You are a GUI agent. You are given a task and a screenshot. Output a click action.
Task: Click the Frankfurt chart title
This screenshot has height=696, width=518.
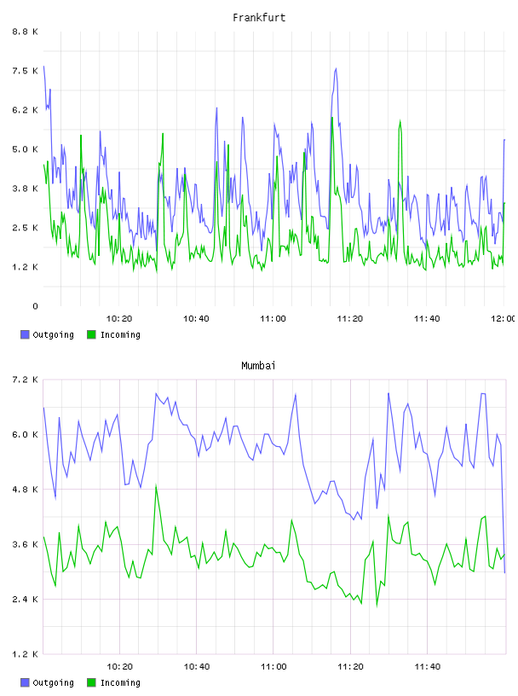pyautogui.click(x=259, y=18)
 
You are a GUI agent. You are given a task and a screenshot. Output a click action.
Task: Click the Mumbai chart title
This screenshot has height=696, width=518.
pyautogui.click(x=258, y=366)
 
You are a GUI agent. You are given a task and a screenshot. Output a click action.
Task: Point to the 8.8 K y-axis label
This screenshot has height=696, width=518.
pyautogui.click(x=26, y=32)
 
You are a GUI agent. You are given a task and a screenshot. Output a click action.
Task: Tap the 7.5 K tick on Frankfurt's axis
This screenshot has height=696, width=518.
pyautogui.click(x=26, y=71)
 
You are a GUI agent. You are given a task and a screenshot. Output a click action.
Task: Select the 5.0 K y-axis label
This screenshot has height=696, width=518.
pyautogui.click(x=26, y=149)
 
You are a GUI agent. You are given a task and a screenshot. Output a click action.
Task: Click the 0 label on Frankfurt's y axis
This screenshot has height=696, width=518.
pyautogui.click(x=35, y=306)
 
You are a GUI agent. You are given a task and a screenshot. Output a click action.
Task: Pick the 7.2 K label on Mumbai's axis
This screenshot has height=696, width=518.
pyautogui.click(x=26, y=380)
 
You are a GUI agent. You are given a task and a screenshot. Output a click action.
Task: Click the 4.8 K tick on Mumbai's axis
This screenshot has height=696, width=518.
pyautogui.click(x=26, y=490)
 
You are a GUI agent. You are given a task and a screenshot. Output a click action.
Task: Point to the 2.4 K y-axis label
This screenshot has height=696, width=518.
pyautogui.click(x=26, y=600)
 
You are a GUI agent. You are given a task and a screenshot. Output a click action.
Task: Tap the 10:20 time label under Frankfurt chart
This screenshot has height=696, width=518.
pyautogui.click(x=119, y=319)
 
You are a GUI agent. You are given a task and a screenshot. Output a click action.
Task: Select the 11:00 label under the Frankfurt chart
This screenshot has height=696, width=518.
pyautogui.click(x=273, y=319)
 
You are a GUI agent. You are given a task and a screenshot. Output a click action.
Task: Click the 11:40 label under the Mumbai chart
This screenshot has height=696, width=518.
pyautogui.click(x=428, y=667)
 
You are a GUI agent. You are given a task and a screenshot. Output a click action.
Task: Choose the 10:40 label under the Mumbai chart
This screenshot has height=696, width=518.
pyautogui.click(x=197, y=667)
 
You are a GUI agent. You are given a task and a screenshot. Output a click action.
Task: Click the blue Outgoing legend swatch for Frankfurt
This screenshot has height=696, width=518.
pyautogui.click(x=25, y=334)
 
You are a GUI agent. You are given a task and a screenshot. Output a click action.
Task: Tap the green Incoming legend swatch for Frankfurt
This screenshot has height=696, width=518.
pyautogui.click(x=91, y=334)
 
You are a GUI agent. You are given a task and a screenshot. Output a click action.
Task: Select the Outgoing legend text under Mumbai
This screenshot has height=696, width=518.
pyautogui.click(x=53, y=682)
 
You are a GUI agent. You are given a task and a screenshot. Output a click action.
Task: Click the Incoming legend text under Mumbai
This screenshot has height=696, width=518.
pyautogui.click(x=120, y=682)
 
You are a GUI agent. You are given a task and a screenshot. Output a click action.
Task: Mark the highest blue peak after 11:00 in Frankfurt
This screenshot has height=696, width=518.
pyautogui.click(x=336, y=68)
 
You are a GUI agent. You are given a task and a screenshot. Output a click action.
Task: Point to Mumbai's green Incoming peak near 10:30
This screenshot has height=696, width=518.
pyautogui.click(x=156, y=485)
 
